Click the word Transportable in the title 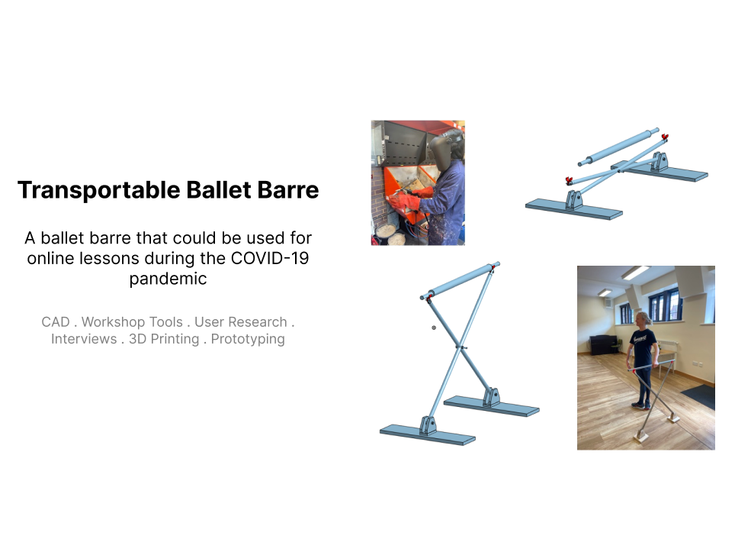point(99,190)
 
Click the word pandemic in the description point(168,279)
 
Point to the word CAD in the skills point(56,322)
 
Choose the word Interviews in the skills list point(84,339)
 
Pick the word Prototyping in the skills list point(248,339)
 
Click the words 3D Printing point(164,339)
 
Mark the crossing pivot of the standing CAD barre point(462,347)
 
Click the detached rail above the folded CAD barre point(618,147)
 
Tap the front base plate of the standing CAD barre point(428,434)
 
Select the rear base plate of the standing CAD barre point(492,405)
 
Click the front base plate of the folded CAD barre point(574,209)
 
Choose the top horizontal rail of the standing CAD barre point(460,280)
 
